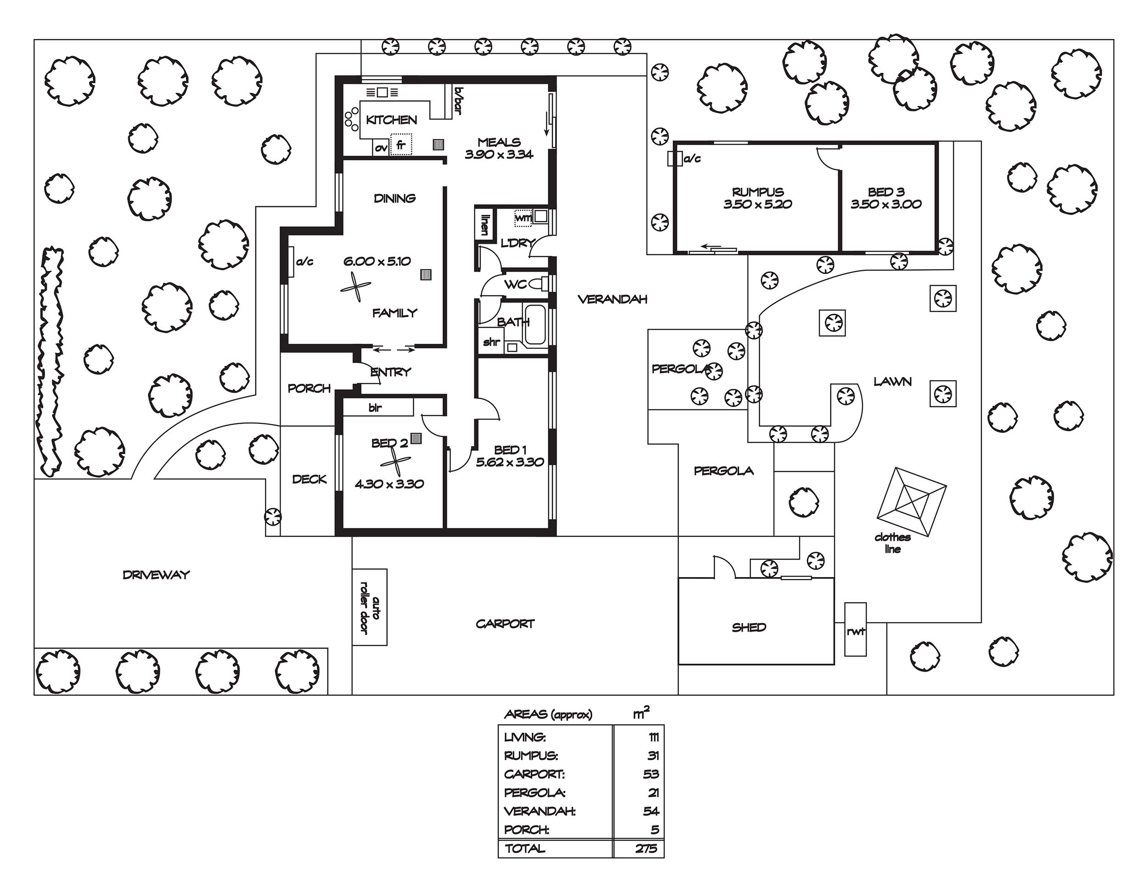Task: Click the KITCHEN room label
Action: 392,120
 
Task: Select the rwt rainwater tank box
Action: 855,629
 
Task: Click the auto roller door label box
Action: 370,607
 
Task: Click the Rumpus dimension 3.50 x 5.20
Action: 757,204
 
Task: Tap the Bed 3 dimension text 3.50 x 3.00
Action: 886,204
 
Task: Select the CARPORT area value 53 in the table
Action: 651,774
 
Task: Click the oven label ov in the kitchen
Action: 381,148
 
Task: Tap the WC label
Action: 515,284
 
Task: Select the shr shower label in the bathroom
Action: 491,342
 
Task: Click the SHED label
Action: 749,627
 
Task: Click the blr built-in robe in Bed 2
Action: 377,407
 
